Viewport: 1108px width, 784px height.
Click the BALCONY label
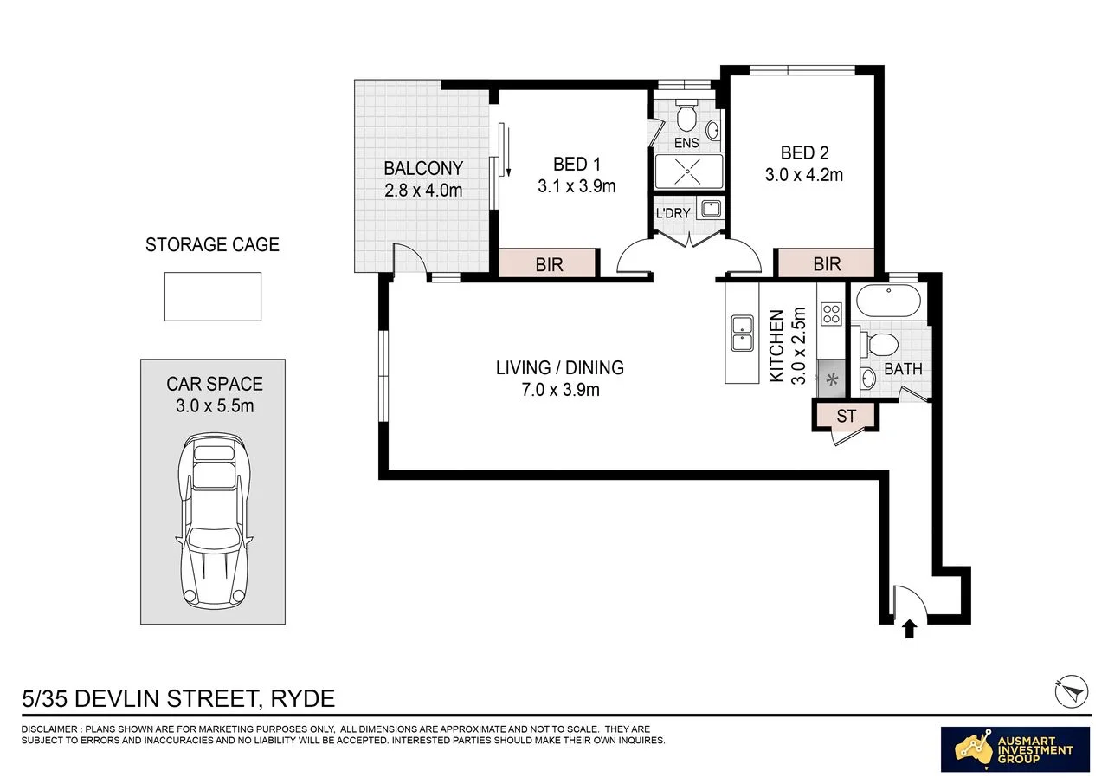(423, 168)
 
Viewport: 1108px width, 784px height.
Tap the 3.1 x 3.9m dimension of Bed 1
(577, 186)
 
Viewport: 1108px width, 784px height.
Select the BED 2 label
(804, 153)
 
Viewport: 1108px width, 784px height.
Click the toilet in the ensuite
(686, 116)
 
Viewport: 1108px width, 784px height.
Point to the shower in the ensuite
(688, 172)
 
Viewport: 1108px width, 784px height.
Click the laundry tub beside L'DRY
(711, 209)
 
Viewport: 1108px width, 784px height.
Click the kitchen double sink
(742, 334)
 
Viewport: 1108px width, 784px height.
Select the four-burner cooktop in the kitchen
(831, 314)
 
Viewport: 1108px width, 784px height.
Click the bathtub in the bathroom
(888, 301)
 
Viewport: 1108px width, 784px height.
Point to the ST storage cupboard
(846, 416)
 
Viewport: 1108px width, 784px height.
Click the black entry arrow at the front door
(910, 629)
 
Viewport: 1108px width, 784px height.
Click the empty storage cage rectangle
(213, 296)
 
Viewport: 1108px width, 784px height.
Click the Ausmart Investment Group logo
(1015, 748)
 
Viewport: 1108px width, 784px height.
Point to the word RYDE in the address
(303, 699)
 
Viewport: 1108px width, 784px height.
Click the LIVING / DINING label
(560, 368)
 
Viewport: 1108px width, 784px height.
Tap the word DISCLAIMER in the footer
(49, 729)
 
